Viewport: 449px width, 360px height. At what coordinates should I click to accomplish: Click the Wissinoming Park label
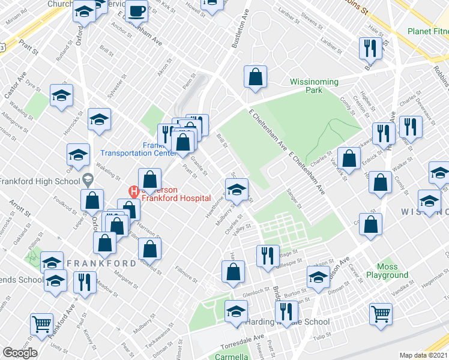click(x=314, y=86)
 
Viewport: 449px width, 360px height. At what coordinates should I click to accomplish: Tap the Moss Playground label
click(x=391, y=271)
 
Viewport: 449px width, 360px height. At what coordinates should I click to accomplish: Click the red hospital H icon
click(x=134, y=192)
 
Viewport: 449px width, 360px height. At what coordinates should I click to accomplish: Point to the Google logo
click(x=20, y=352)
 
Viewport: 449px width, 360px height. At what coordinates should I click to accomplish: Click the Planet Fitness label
click(x=427, y=31)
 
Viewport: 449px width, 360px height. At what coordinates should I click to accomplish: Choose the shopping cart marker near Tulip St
click(x=381, y=314)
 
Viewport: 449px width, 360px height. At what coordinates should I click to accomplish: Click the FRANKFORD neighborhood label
click(x=101, y=263)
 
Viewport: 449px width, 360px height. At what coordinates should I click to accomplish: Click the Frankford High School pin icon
click(x=88, y=179)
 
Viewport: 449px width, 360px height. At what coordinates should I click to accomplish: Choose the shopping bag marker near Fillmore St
click(x=232, y=272)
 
